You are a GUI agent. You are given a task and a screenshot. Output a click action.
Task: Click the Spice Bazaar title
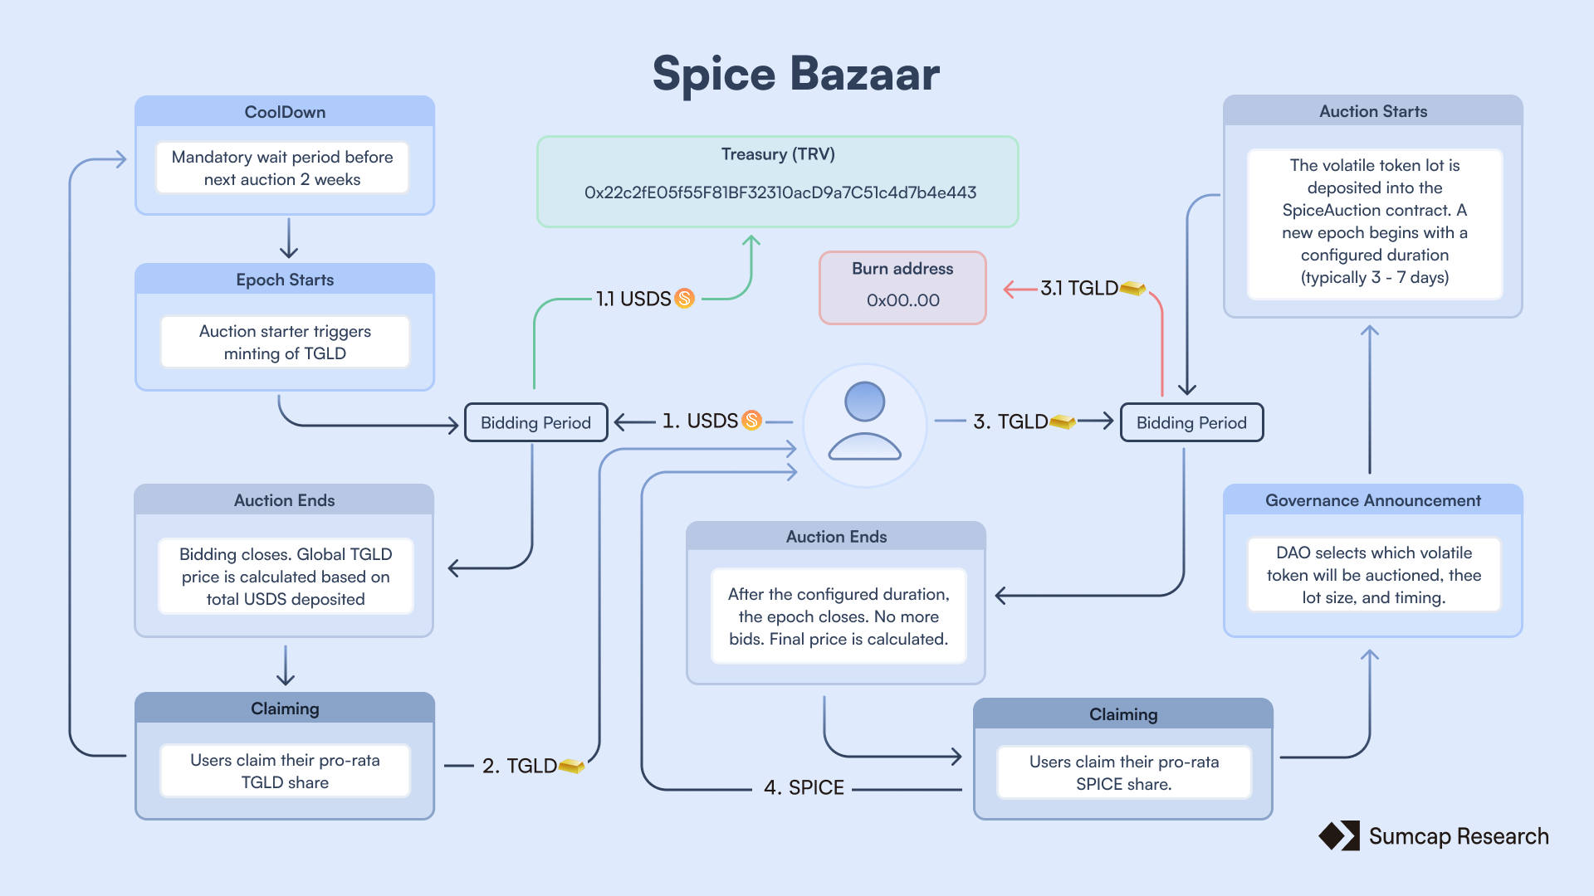click(x=795, y=74)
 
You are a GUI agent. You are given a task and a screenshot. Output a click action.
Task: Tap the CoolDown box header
click(x=285, y=112)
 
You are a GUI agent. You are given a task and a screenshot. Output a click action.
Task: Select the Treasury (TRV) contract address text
click(x=780, y=192)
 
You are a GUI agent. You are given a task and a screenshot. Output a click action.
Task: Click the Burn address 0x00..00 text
click(x=902, y=300)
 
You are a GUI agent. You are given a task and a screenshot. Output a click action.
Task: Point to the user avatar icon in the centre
click(x=864, y=422)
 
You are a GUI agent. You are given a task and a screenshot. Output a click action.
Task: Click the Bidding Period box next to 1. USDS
click(x=535, y=422)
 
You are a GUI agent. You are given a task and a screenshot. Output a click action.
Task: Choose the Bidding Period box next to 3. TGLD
click(x=1191, y=422)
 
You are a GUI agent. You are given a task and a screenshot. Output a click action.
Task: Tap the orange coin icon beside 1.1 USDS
click(x=685, y=298)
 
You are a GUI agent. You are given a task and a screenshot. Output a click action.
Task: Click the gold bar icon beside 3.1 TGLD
click(x=1133, y=288)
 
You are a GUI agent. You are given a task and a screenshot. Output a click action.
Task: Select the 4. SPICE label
click(x=804, y=787)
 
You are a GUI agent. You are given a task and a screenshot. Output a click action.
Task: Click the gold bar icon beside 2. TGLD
click(x=572, y=765)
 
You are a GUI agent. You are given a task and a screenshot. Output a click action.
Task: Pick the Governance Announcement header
click(x=1372, y=500)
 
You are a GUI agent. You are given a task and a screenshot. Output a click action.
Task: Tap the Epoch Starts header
click(x=285, y=280)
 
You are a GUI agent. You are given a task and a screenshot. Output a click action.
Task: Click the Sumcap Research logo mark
click(x=1339, y=835)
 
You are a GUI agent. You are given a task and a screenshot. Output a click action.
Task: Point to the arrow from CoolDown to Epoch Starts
click(x=288, y=239)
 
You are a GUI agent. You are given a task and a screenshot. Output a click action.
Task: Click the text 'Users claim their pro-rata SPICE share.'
click(x=1123, y=772)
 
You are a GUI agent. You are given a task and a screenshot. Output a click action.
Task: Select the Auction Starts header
click(x=1373, y=111)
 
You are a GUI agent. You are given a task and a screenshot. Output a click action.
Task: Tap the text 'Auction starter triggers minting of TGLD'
click(x=285, y=342)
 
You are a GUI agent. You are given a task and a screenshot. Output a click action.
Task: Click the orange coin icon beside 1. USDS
click(x=752, y=421)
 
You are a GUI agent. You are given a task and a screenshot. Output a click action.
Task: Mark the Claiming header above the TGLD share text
click(x=285, y=709)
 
